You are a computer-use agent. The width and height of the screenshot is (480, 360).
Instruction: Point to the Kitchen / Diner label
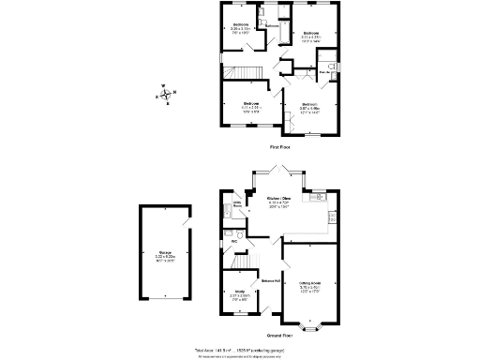click(277, 201)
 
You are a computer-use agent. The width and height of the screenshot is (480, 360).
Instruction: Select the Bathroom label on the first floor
click(272, 26)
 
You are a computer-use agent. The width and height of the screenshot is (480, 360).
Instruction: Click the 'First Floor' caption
click(278, 148)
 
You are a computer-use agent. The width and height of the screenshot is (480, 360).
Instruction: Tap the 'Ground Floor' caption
click(278, 335)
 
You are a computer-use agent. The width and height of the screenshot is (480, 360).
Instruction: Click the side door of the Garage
click(186, 222)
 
